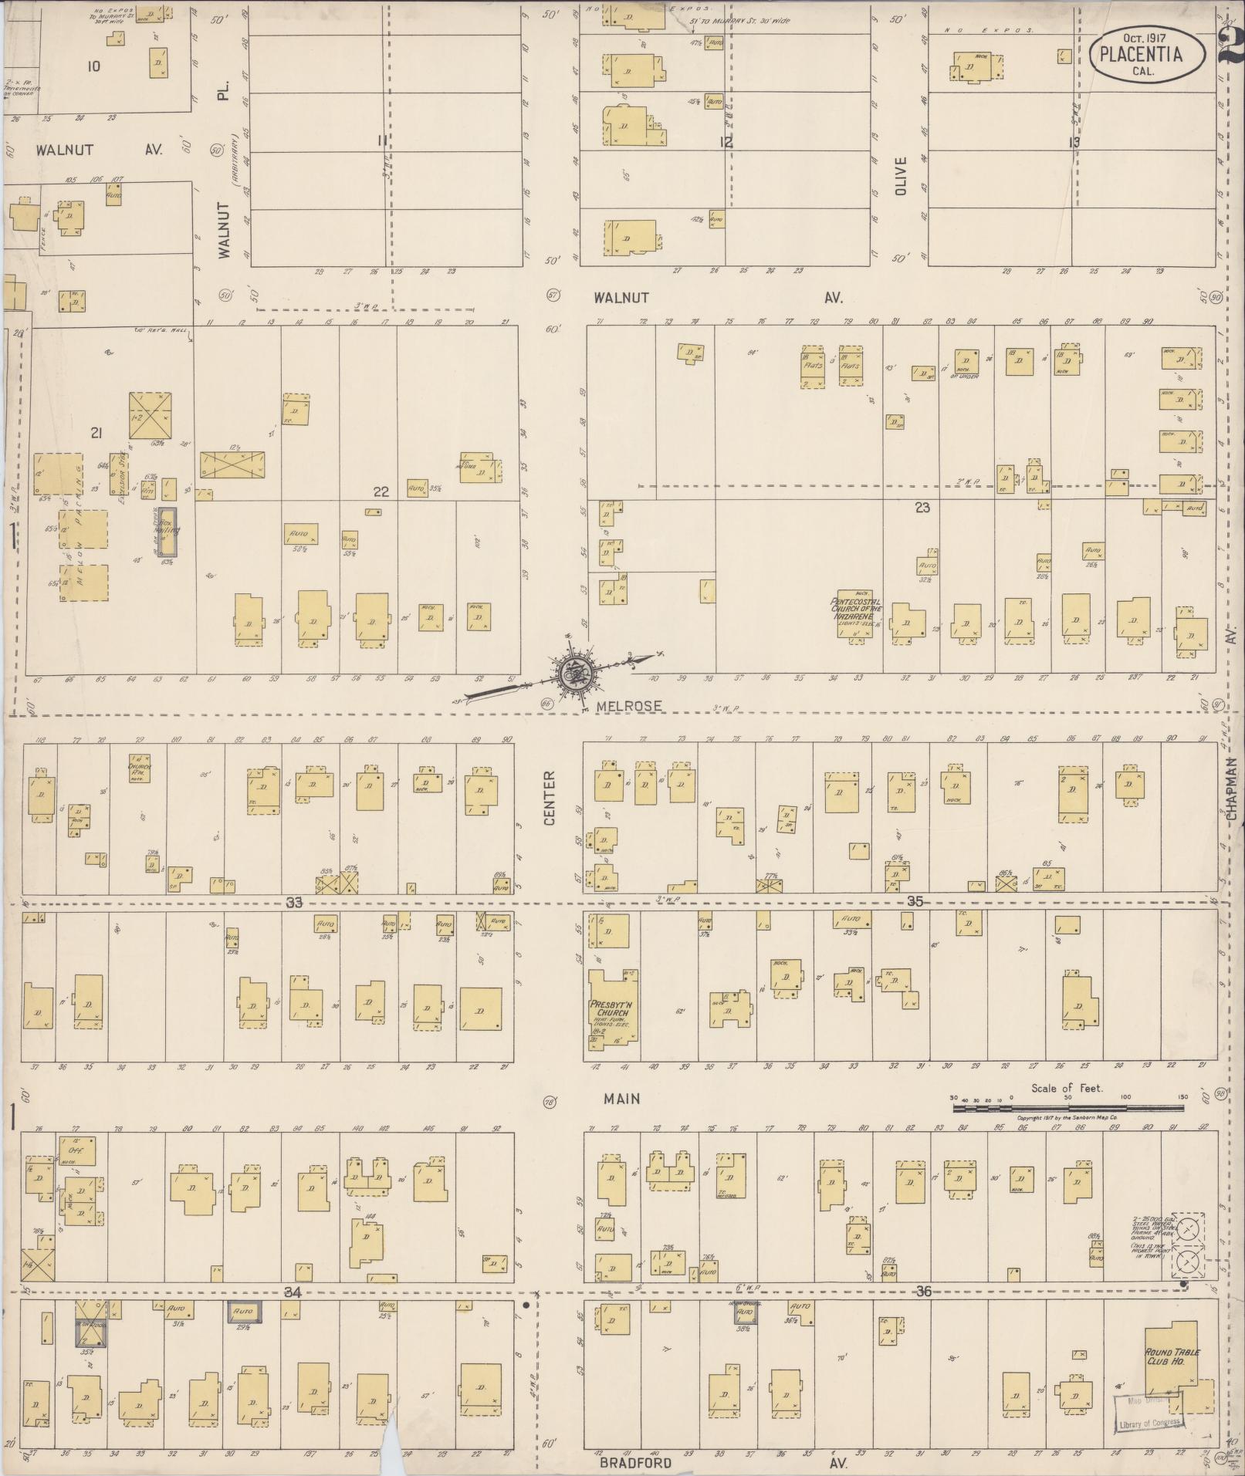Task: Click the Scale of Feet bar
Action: pyautogui.click(x=1067, y=1107)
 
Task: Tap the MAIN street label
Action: pyautogui.click(x=622, y=1098)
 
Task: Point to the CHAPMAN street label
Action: pyautogui.click(x=1232, y=787)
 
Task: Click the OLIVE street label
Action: pyautogui.click(x=902, y=177)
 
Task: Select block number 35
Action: pyautogui.click(x=915, y=901)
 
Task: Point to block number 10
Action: pyautogui.click(x=93, y=66)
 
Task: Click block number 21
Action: pyautogui.click(x=96, y=433)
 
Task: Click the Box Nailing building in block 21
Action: pyautogui.click(x=168, y=532)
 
